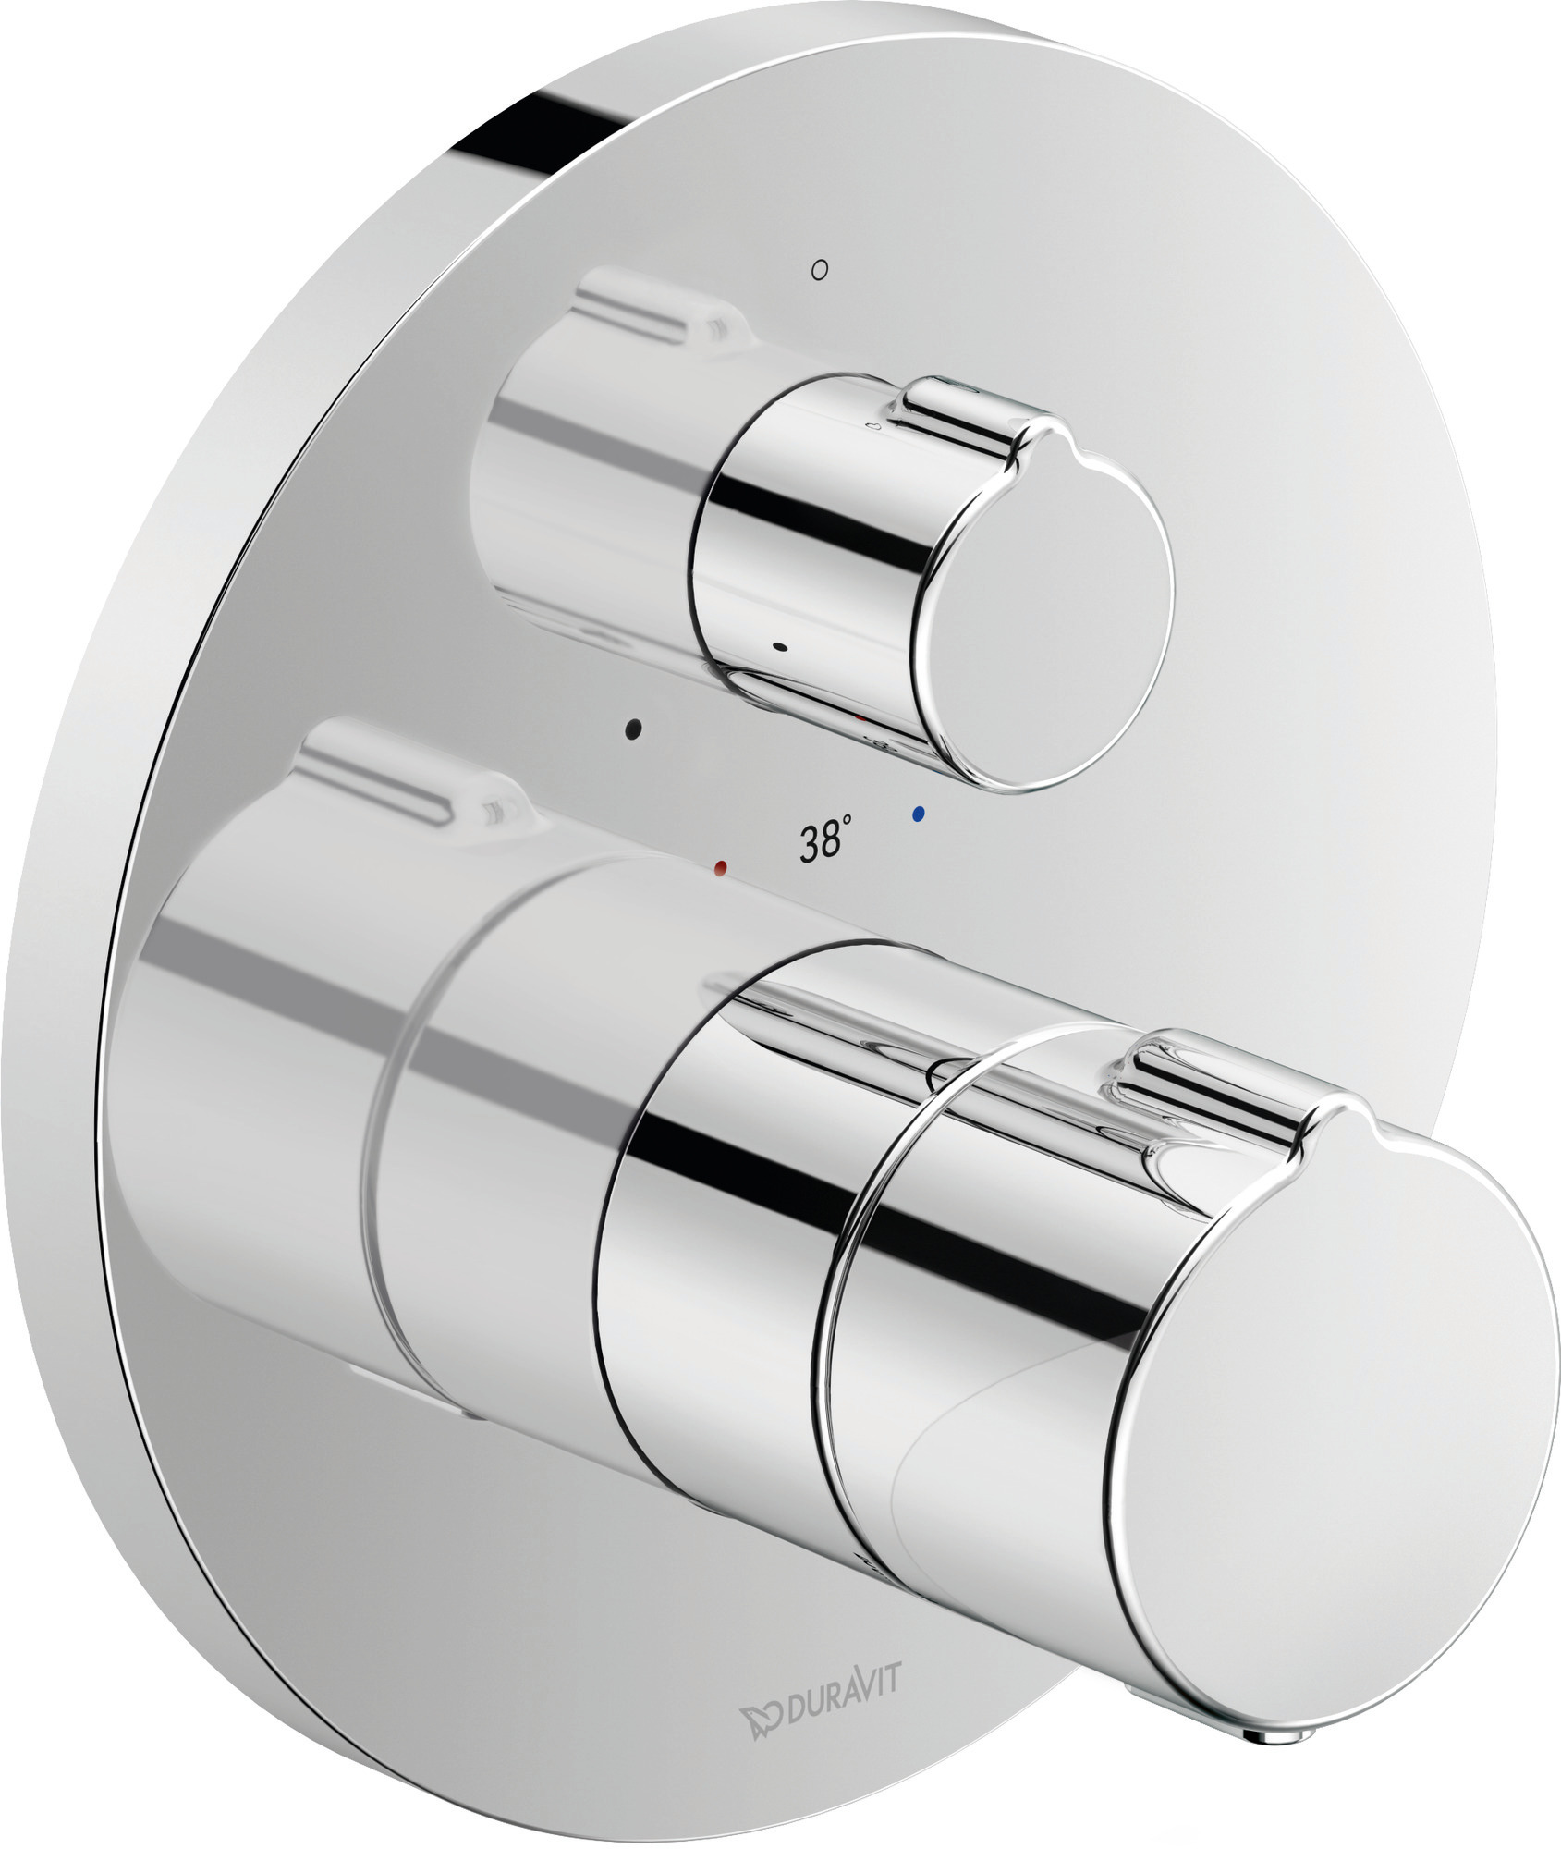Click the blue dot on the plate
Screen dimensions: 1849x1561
[918, 814]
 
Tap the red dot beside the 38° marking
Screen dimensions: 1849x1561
[721, 867]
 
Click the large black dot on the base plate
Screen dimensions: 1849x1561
[633, 729]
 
